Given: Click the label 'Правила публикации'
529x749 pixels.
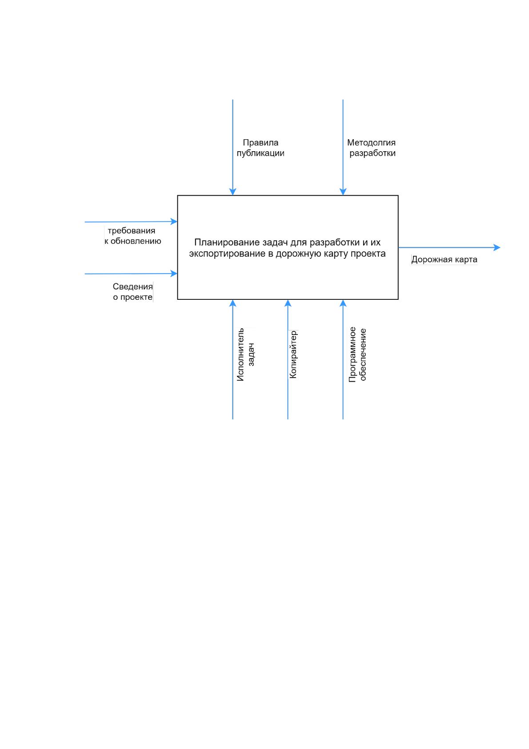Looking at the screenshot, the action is (260, 148).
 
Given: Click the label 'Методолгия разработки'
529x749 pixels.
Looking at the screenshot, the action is (371, 148).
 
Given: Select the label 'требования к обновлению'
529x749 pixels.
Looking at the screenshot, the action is (132, 236).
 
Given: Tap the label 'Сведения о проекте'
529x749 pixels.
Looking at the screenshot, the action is (132, 292).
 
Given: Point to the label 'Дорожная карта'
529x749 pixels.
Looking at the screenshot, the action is (444, 259).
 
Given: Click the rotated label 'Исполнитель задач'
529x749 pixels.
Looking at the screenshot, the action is (246, 354).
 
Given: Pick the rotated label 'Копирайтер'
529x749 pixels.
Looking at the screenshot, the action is (293, 354).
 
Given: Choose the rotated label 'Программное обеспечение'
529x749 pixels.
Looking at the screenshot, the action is (357, 354).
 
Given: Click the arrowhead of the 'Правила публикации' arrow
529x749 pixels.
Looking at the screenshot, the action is (232, 192).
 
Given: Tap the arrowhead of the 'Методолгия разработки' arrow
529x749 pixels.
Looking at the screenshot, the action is (343, 192).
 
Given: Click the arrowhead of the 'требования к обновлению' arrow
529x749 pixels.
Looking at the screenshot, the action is (174, 221).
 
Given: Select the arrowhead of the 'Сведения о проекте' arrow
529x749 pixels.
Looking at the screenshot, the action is (174, 274).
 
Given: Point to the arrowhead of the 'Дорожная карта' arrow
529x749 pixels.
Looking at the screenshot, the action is (497, 247).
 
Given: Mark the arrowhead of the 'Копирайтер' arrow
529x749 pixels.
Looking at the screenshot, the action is (288, 303).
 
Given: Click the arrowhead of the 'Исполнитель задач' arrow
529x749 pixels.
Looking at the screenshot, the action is (232, 303).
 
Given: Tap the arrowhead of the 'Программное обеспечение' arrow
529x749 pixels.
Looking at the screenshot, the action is (343, 303).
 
